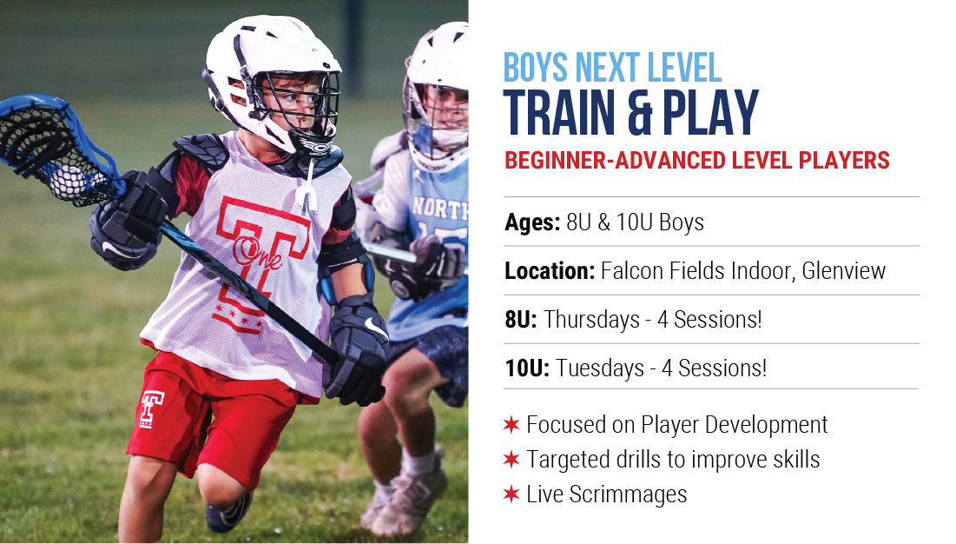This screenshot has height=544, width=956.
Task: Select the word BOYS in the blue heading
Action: (x=535, y=68)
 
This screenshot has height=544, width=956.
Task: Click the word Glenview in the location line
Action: (x=843, y=271)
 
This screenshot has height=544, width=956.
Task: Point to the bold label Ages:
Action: (x=532, y=222)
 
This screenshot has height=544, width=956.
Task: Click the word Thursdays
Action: (x=591, y=320)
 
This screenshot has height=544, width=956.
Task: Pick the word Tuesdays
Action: (x=600, y=368)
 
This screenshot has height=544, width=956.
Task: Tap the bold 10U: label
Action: (x=527, y=368)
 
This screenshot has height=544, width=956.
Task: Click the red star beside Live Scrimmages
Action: (x=511, y=494)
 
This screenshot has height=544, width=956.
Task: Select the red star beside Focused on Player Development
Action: (x=511, y=424)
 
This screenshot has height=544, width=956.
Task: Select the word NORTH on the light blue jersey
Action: (x=439, y=209)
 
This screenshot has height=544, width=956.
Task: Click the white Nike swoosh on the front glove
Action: (x=374, y=328)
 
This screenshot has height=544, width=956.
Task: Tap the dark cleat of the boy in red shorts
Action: (x=229, y=511)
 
